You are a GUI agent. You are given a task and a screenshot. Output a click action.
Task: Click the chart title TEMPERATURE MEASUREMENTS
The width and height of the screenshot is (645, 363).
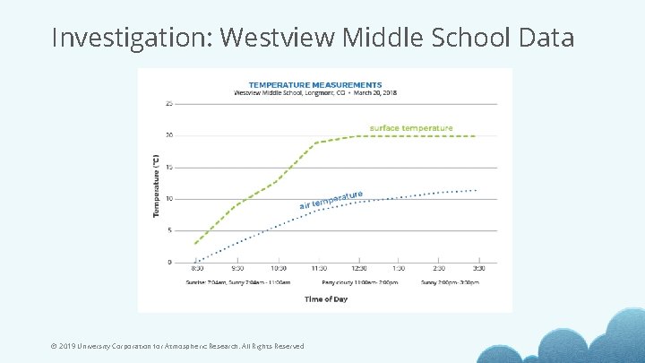314,85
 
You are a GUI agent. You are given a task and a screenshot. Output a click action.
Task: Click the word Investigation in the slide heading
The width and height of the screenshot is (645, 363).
132,38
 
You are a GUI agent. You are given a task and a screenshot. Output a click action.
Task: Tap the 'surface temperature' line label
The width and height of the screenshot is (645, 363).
411,128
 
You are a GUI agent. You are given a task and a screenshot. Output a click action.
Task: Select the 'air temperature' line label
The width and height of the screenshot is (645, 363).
331,199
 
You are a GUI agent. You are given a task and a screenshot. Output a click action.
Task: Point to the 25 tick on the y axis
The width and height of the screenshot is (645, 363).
170,104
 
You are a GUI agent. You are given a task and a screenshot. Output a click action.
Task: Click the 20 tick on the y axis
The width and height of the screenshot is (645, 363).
170,135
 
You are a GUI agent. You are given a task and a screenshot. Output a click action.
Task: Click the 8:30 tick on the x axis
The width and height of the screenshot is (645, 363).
197,268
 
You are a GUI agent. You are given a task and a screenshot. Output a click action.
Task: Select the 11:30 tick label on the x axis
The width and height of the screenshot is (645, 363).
318,268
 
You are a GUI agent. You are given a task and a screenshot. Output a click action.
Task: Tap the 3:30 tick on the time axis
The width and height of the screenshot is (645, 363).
478,268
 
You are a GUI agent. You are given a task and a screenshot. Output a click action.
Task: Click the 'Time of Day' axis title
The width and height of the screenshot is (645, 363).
326,298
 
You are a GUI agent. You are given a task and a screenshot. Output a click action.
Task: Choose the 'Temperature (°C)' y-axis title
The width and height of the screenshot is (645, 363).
157,185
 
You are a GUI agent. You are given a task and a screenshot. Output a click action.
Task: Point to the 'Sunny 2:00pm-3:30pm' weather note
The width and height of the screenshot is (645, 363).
450,281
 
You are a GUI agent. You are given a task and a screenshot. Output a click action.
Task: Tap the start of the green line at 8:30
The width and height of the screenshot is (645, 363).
197,243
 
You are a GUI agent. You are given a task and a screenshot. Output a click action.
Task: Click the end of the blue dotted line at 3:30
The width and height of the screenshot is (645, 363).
477,190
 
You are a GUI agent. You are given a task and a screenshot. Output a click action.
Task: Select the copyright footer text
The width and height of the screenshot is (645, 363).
177,346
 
